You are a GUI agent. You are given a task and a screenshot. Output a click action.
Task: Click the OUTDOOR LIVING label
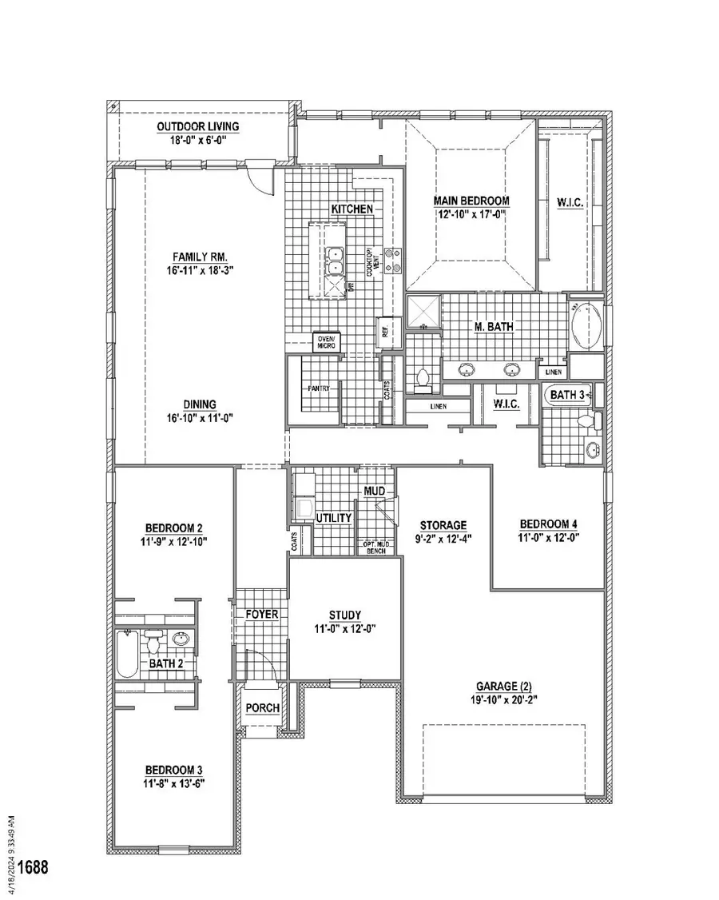point(197,126)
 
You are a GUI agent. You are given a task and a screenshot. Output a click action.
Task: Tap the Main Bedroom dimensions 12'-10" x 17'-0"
point(471,214)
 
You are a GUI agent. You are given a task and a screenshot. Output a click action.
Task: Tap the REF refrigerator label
point(385,331)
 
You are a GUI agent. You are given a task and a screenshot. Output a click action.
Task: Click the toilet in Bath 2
point(155,639)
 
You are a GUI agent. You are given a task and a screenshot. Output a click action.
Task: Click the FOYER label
point(262,614)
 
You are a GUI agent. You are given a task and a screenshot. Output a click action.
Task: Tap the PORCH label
point(262,708)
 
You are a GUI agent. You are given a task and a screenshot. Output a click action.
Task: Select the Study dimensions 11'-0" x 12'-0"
point(345,628)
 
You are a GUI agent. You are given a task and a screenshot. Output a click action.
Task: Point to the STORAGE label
point(444,525)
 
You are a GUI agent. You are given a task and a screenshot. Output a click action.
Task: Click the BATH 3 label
point(567,395)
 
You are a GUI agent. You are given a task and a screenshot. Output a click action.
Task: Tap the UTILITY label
point(334,518)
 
